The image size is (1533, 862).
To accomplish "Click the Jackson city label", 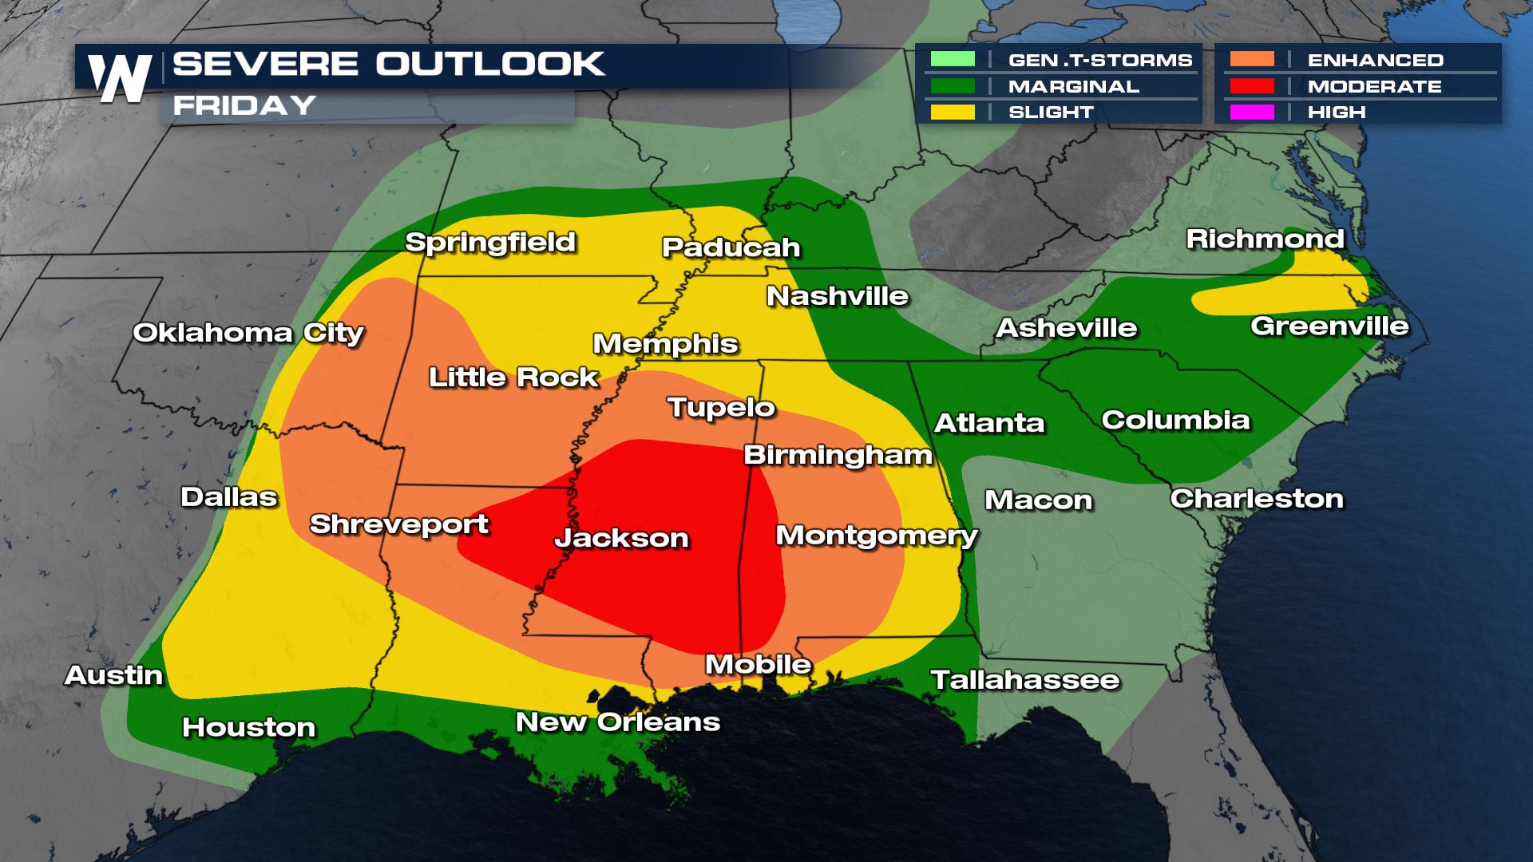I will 621,538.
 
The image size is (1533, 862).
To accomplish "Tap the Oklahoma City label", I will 248,333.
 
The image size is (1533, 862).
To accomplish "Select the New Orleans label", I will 617,722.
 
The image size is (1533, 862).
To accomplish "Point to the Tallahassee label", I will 1025,680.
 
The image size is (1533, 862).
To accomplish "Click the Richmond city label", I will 1265,239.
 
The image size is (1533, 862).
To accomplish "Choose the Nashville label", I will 838,296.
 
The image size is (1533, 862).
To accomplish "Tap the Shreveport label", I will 398,524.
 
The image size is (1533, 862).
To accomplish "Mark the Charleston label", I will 1257,499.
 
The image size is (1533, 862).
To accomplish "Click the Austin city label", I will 113,675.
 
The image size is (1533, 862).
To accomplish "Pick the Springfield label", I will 490,242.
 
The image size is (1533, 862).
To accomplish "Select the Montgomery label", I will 877,535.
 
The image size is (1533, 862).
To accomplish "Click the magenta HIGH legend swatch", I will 1251,112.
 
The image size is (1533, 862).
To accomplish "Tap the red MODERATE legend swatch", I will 1251,86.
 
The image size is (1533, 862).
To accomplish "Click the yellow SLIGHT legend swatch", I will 952,112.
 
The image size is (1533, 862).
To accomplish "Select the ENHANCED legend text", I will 1375,61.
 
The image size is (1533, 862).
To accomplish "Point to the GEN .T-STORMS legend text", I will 1100,61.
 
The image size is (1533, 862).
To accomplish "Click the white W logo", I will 120,78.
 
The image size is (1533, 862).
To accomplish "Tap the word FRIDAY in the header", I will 244,105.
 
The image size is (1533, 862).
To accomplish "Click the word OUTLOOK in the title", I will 490,64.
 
